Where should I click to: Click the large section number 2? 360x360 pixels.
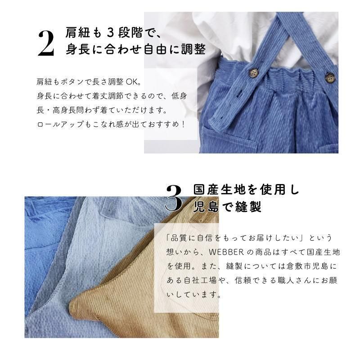(x=46, y=44)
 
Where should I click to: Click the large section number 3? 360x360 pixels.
(x=174, y=198)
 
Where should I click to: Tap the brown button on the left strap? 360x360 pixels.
(x=253, y=72)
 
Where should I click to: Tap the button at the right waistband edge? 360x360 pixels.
(x=330, y=77)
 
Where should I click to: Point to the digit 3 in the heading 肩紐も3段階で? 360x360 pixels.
(x=110, y=33)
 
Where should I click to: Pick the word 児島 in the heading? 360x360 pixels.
(x=206, y=207)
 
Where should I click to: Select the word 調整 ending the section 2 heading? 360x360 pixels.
(x=193, y=49)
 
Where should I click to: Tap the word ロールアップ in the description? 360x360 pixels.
(x=60, y=125)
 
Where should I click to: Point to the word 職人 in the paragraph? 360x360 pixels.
(x=286, y=280)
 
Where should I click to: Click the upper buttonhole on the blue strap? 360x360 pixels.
(x=239, y=93)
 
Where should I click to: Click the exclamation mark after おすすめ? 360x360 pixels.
(x=183, y=125)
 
